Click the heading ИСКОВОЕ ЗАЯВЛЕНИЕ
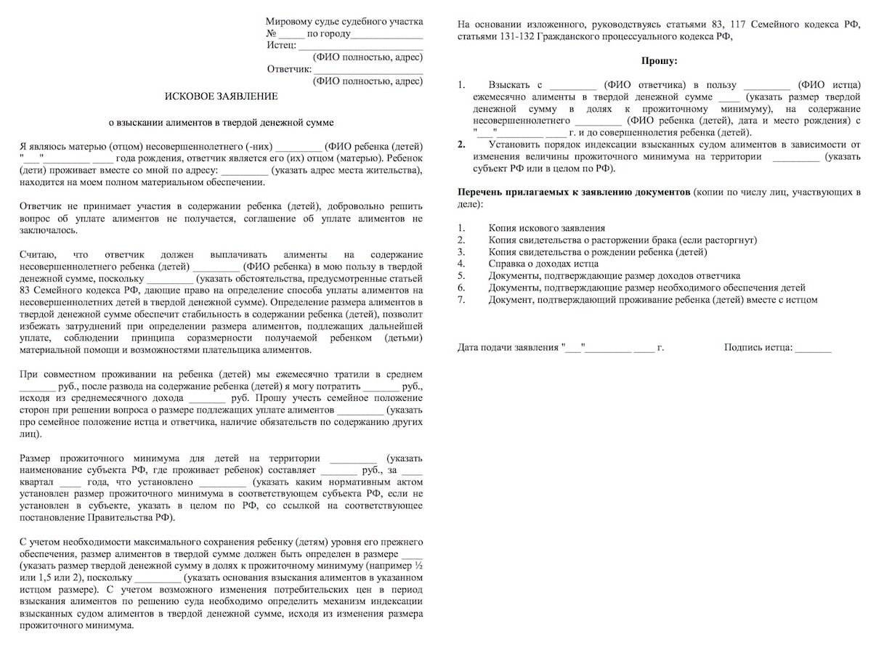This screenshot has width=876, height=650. click(x=221, y=96)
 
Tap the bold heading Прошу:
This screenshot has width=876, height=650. click(x=659, y=62)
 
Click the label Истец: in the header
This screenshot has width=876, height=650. click(x=280, y=45)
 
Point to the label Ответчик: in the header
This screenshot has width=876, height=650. click(x=289, y=70)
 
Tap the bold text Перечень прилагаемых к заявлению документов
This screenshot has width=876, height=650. click(x=573, y=192)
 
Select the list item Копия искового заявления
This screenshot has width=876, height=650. click(x=546, y=228)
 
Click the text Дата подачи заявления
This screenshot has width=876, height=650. click(x=509, y=348)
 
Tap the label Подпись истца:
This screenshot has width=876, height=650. click(x=758, y=348)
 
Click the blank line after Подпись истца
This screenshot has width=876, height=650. click(x=813, y=349)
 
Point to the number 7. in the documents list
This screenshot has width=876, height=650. click(x=461, y=299)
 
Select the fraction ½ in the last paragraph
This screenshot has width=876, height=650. click(x=418, y=564)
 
